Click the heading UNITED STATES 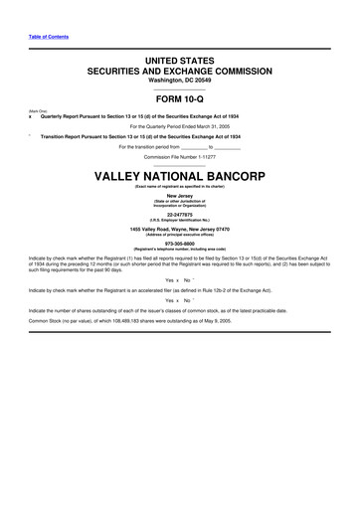click(180, 62)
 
